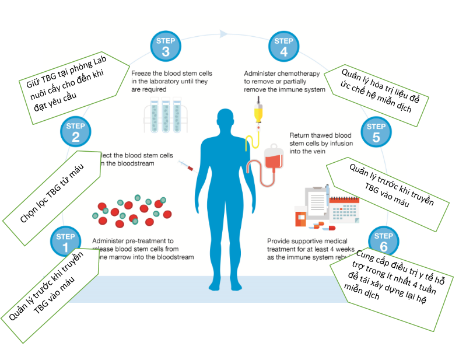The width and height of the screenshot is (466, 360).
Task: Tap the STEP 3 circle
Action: tap(166, 47)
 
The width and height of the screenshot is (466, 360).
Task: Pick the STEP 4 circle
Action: tap(284, 47)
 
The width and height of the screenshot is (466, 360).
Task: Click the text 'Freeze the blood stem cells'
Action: tap(171, 74)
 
